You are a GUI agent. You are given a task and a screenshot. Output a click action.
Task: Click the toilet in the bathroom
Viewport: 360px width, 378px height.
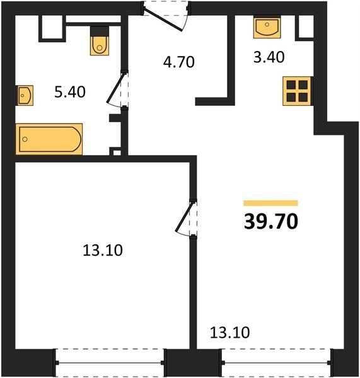(x=100, y=40)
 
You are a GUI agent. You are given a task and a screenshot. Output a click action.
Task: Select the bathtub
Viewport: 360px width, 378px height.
(x=49, y=139)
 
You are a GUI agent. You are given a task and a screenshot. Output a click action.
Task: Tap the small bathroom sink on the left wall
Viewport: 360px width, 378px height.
(x=25, y=95)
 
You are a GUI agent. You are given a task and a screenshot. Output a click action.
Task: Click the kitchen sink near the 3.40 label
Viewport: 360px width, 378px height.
(x=267, y=26)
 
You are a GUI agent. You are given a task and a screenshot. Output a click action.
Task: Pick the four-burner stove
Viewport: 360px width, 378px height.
(x=297, y=91)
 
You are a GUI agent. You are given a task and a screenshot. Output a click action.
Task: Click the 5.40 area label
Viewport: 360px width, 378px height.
(x=70, y=92)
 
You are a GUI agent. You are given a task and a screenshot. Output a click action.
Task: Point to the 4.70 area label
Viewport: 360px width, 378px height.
(x=179, y=62)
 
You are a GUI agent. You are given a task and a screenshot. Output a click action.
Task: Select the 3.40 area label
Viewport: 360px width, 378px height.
(x=269, y=57)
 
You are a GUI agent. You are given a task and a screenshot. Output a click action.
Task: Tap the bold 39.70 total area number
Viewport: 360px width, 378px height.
(x=271, y=222)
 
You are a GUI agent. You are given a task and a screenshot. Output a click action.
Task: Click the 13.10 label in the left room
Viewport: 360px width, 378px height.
(x=103, y=250)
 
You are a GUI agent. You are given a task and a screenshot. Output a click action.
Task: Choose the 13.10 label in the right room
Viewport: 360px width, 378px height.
(x=229, y=333)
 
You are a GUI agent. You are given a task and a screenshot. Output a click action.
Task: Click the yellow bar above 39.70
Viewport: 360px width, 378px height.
(x=270, y=203)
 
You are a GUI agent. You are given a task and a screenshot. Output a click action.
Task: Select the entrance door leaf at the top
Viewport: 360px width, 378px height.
(x=163, y=20)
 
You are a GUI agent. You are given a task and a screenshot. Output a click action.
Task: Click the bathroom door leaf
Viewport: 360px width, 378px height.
(x=116, y=88)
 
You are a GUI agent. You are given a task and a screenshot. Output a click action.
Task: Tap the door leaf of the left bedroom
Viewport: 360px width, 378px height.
(x=185, y=217)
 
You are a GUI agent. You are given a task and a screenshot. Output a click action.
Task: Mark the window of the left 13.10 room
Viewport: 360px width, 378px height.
(x=110, y=363)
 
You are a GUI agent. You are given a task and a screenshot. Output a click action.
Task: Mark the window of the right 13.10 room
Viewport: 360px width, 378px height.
(x=276, y=363)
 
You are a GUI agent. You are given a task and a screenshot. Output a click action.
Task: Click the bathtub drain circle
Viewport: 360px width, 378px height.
(x=25, y=139)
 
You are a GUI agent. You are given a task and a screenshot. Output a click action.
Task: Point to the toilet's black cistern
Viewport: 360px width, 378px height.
(x=100, y=31)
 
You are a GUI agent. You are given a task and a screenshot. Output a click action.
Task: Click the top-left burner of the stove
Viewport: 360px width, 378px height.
(x=291, y=85)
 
